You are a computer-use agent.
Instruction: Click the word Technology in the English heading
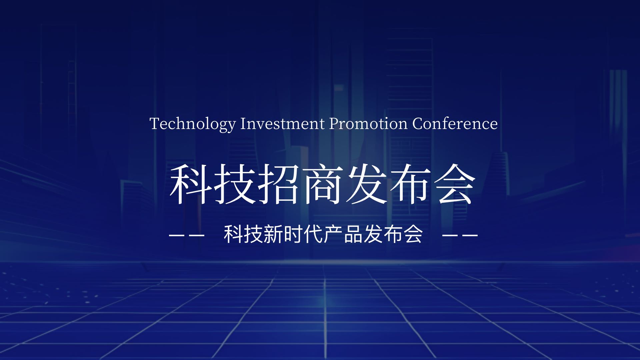(193, 124)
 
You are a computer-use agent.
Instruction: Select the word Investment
(282, 123)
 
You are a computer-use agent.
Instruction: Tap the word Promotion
(368, 123)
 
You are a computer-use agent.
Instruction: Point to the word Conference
(455, 123)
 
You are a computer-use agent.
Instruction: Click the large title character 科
(191, 184)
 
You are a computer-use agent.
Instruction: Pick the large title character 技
(235, 184)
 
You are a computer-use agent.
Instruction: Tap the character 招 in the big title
(279, 184)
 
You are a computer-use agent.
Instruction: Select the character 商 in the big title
(323, 184)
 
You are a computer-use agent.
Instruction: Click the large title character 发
(367, 184)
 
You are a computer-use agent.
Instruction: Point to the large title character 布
(411, 184)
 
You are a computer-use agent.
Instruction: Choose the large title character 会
(455, 184)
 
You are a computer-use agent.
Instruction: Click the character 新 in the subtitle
(273, 234)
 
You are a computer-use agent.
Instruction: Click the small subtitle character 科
(233, 234)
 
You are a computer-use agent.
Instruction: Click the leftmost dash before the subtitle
(177, 235)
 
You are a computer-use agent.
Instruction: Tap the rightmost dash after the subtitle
(470, 235)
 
